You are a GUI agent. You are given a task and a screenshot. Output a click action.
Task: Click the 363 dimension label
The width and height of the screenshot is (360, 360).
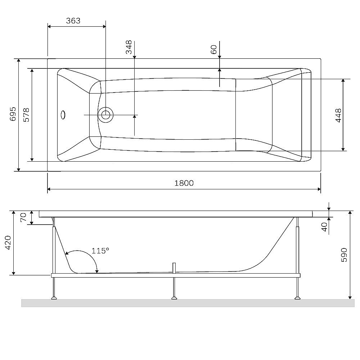point(73,21)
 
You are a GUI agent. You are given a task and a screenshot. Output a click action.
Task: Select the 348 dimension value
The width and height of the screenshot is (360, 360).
point(129,47)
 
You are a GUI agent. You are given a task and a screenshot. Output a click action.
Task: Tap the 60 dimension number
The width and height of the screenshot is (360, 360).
point(213,49)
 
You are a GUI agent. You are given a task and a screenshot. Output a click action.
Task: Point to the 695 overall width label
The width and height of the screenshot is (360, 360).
point(13,114)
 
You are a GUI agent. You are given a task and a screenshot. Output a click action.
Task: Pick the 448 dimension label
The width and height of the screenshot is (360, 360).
point(338,115)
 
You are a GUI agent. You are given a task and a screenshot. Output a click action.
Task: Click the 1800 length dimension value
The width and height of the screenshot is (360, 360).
point(184,183)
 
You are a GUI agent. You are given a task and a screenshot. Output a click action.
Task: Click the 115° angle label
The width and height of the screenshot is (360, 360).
point(100,251)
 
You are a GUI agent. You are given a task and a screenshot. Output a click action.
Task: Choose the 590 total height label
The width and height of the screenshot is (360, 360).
point(344,255)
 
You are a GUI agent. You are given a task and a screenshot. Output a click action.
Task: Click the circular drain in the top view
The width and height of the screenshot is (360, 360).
point(106,115)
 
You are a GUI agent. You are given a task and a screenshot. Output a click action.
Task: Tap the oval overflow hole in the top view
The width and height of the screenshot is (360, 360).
point(63,115)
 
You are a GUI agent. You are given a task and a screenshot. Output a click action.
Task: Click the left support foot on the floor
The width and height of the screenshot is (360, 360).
point(54,297)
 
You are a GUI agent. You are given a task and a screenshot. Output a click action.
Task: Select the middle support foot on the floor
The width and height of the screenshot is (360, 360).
point(174,297)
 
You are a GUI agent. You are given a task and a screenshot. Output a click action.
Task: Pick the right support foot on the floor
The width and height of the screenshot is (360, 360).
point(297,297)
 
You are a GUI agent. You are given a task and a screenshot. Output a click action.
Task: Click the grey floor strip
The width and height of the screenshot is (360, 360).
point(187,303)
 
